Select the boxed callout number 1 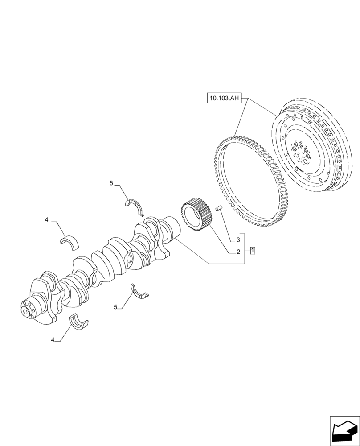coord(253,250)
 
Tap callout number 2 coord(238,252)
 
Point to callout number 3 coord(238,240)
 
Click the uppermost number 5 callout coord(112,183)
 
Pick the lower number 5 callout coord(115,307)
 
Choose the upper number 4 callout coord(46,220)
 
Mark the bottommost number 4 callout coord(53,340)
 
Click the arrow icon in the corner coord(344,430)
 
